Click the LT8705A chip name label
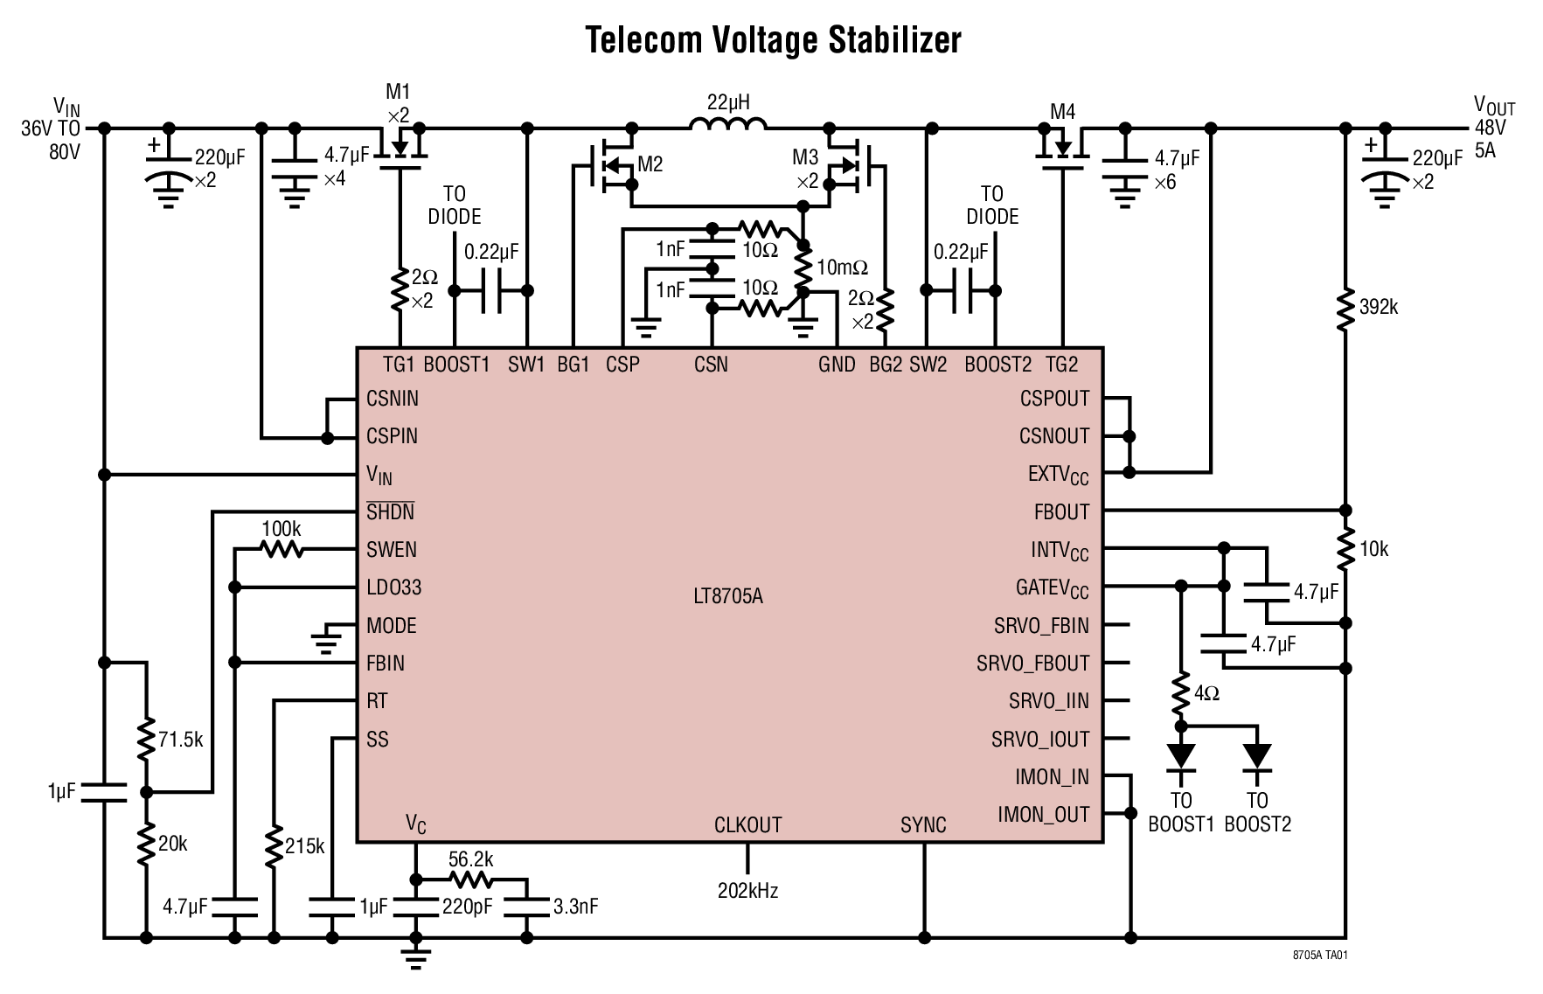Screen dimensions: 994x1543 (727, 597)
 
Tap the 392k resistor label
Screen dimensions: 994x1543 (1379, 307)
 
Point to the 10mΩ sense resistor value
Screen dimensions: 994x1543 (842, 268)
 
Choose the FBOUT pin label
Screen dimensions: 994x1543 (1061, 512)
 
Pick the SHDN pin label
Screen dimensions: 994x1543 (390, 512)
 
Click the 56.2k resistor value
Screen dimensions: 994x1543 (470, 859)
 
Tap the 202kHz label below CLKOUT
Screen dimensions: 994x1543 (747, 891)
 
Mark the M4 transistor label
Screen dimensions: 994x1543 (1062, 112)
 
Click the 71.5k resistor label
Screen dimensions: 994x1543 (180, 740)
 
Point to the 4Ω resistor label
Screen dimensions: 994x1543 (1206, 693)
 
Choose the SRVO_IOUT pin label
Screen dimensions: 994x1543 (1040, 740)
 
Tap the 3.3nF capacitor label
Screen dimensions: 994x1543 (575, 907)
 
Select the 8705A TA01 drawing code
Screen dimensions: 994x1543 (1320, 956)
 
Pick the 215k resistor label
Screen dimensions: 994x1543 (304, 846)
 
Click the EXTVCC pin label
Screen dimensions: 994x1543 (1058, 475)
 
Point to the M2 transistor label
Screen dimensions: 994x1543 (650, 163)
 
